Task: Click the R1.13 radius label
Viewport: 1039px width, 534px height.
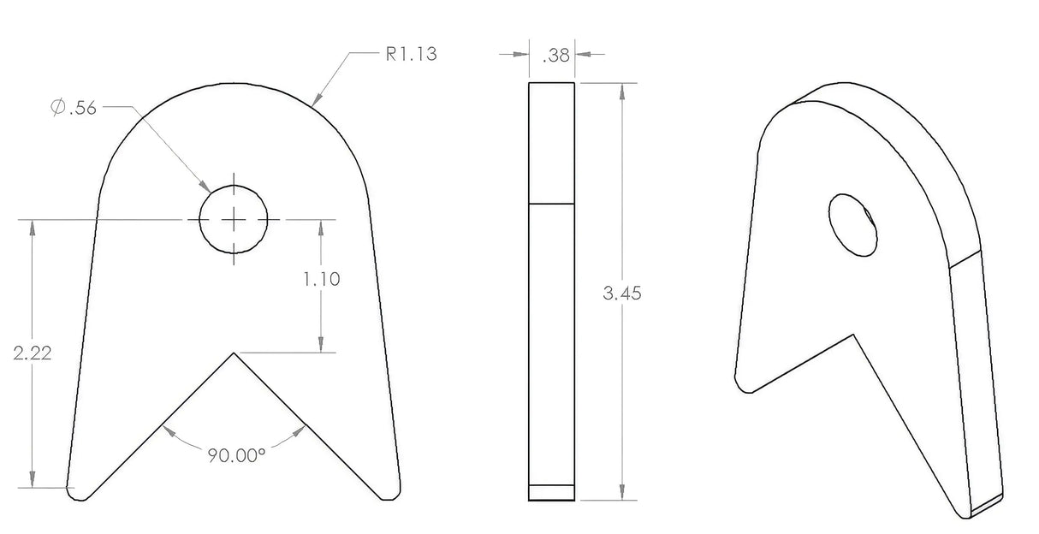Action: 411,54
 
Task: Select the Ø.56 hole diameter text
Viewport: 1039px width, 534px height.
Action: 74,108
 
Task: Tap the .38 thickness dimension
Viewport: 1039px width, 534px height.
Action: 555,56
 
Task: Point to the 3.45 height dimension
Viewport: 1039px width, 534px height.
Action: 621,294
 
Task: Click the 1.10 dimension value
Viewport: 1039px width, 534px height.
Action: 322,279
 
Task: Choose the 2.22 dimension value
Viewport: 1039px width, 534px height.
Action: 32,353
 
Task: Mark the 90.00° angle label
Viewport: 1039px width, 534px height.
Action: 236,455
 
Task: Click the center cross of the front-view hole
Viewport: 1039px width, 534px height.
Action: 234,219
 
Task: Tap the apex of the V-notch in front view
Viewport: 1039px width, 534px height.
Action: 234,353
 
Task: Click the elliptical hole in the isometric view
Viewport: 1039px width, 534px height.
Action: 852,225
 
